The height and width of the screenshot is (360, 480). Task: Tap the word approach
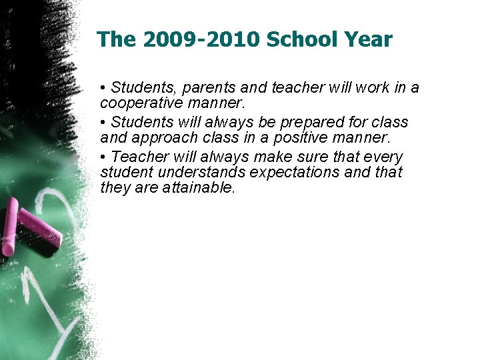160,138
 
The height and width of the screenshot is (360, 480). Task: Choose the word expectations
295,173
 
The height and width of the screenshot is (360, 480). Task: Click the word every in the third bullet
382,157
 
